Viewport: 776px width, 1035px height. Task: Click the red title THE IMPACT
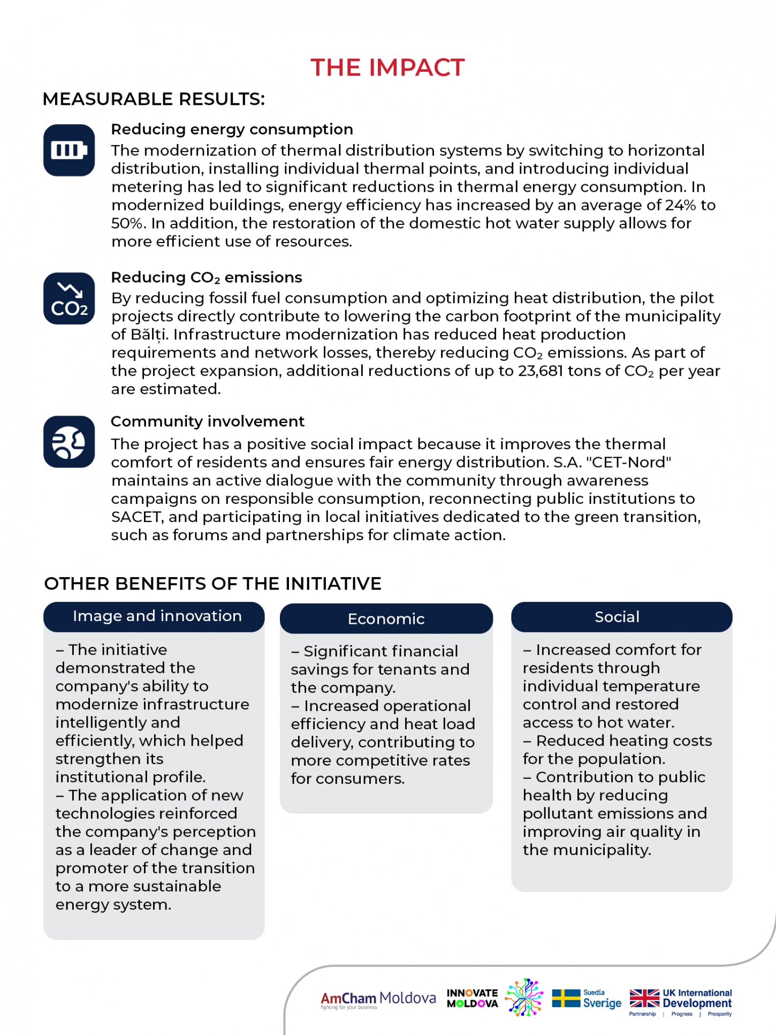[x=387, y=68]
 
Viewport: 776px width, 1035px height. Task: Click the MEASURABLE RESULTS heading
[x=154, y=99]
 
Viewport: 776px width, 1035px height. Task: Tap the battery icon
[x=69, y=150]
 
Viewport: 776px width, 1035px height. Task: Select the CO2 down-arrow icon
[x=69, y=299]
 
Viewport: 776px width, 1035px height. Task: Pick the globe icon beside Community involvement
[x=69, y=442]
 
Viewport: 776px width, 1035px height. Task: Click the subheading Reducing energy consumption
[x=232, y=130]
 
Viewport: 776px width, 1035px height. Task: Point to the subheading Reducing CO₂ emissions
[x=206, y=277]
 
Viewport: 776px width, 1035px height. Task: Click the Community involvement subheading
[x=207, y=421]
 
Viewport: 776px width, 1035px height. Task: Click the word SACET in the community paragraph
[x=136, y=517]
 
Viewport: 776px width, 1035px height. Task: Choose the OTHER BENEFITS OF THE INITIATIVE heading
[x=212, y=584]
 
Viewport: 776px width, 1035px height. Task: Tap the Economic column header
[x=386, y=619]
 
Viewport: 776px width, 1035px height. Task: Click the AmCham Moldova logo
[x=378, y=999]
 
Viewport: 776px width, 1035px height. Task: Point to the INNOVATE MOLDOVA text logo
[x=472, y=999]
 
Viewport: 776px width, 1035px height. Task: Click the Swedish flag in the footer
[x=566, y=999]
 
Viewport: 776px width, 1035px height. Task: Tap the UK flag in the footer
[x=644, y=999]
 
